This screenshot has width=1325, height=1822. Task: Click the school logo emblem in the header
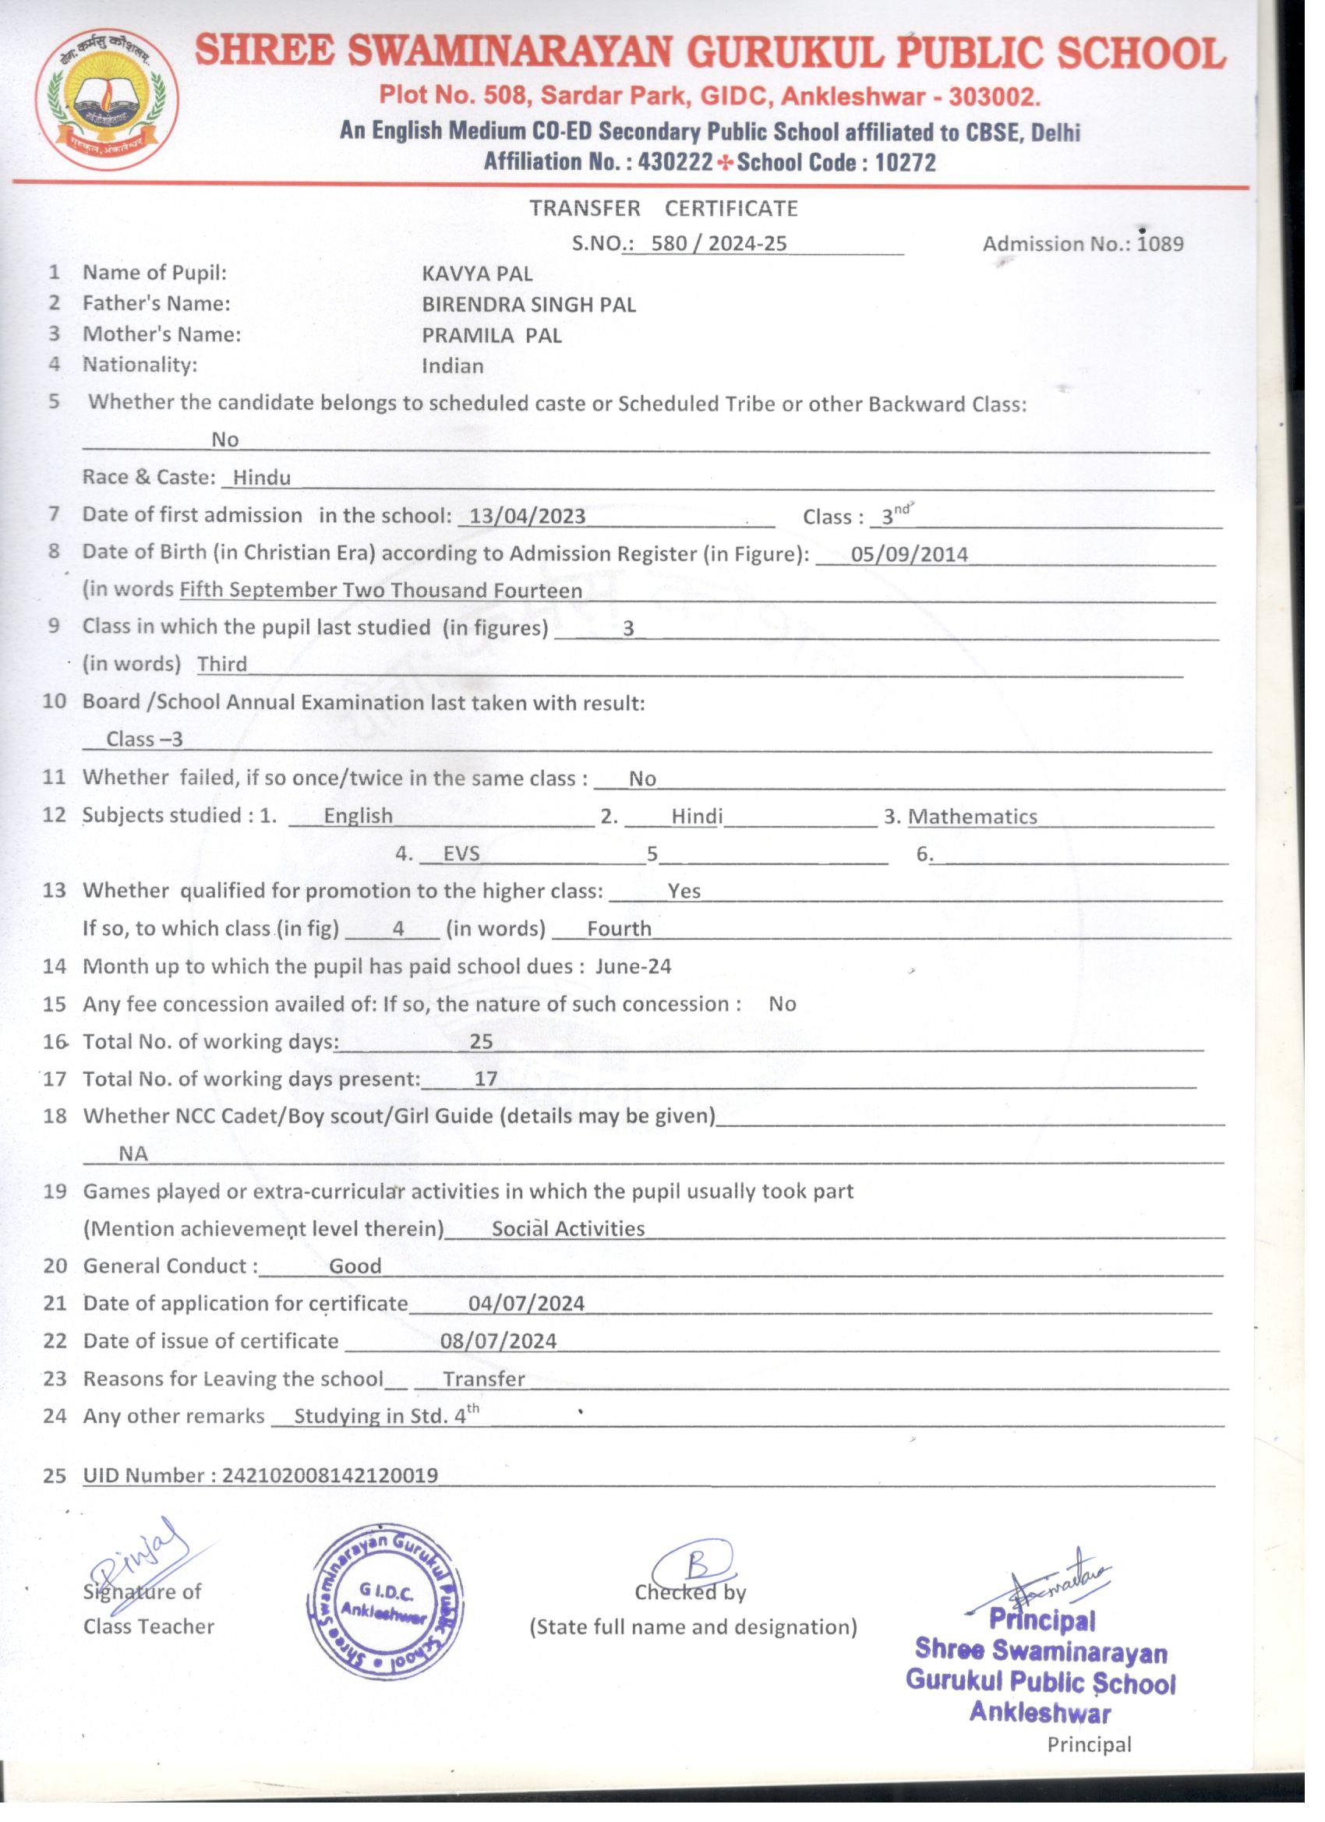(x=107, y=100)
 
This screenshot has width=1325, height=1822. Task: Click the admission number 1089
(x=1161, y=244)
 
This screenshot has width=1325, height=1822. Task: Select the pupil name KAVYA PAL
(x=477, y=274)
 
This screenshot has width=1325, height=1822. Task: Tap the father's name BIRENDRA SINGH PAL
(x=528, y=305)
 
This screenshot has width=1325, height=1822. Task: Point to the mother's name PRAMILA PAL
(x=492, y=336)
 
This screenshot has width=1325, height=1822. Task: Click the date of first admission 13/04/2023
(x=527, y=517)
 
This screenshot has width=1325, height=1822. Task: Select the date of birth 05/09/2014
(x=910, y=554)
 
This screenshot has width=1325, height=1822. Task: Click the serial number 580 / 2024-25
(x=719, y=244)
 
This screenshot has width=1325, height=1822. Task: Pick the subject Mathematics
(x=973, y=817)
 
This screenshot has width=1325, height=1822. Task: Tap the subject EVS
(x=461, y=854)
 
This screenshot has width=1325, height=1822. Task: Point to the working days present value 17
(x=486, y=1079)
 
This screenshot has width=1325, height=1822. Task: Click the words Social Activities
(x=568, y=1229)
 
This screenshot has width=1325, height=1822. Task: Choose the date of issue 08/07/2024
(x=498, y=1342)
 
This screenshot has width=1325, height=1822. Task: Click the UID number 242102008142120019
(x=330, y=1476)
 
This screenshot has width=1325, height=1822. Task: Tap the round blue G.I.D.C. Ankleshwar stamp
(x=385, y=1602)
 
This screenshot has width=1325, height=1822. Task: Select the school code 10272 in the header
(x=906, y=163)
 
